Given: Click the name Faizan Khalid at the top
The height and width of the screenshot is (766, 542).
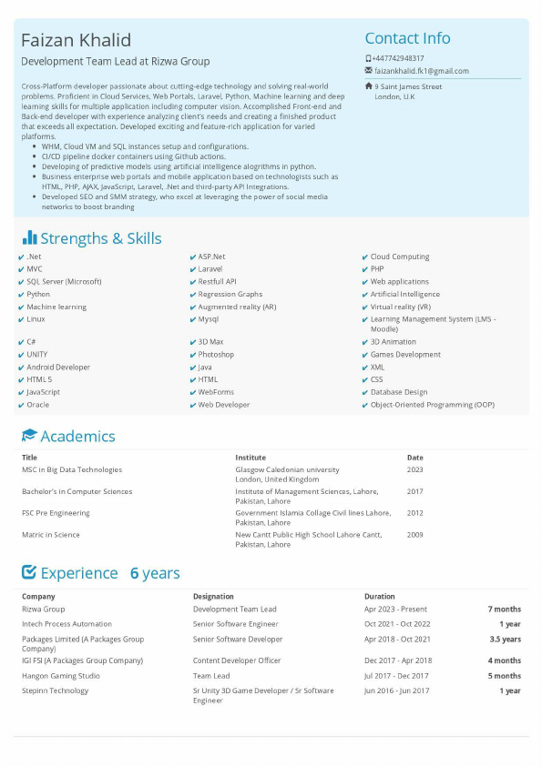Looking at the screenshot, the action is click(x=77, y=40).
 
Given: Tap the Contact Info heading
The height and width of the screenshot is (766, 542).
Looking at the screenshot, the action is click(x=407, y=38).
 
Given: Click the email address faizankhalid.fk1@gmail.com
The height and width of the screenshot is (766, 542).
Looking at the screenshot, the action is click(x=421, y=71).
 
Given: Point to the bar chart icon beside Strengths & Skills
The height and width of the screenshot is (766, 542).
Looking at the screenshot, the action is click(x=29, y=238).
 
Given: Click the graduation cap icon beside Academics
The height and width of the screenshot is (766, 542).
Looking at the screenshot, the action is click(x=29, y=436).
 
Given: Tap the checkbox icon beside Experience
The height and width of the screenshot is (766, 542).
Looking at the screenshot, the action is click(x=29, y=572).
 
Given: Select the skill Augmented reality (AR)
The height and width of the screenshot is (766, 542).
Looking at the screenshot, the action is click(x=237, y=307).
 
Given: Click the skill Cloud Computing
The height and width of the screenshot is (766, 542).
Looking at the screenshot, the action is click(x=400, y=257).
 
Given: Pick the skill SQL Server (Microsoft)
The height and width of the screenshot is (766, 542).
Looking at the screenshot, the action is click(x=64, y=282).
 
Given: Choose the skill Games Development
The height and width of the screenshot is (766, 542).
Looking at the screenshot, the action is click(x=405, y=355).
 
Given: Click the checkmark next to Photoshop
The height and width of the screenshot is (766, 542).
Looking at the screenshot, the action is click(x=192, y=355).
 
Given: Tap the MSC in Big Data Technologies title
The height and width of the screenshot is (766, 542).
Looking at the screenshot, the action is click(x=72, y=470).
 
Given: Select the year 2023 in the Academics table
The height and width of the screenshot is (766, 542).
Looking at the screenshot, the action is click(x=415, y=470).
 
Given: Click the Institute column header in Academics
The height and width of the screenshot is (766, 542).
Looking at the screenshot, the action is click(x=251, y=458).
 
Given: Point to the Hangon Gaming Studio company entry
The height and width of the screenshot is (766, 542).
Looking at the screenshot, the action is click(x=61, y=676).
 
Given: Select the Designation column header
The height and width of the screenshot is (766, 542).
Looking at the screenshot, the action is click(x=214, y=597).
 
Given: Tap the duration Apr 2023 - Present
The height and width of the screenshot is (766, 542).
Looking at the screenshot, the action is click(x=395, y=610).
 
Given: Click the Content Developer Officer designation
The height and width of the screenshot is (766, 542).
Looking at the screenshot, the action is click(x=237, y=660).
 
